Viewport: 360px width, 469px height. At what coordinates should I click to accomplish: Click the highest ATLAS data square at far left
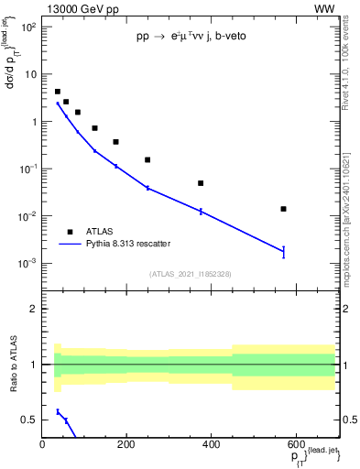[58, 92]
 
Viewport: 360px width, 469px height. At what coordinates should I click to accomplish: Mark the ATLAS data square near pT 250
[147, 159]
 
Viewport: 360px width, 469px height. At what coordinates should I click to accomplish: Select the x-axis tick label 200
[126, 444]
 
